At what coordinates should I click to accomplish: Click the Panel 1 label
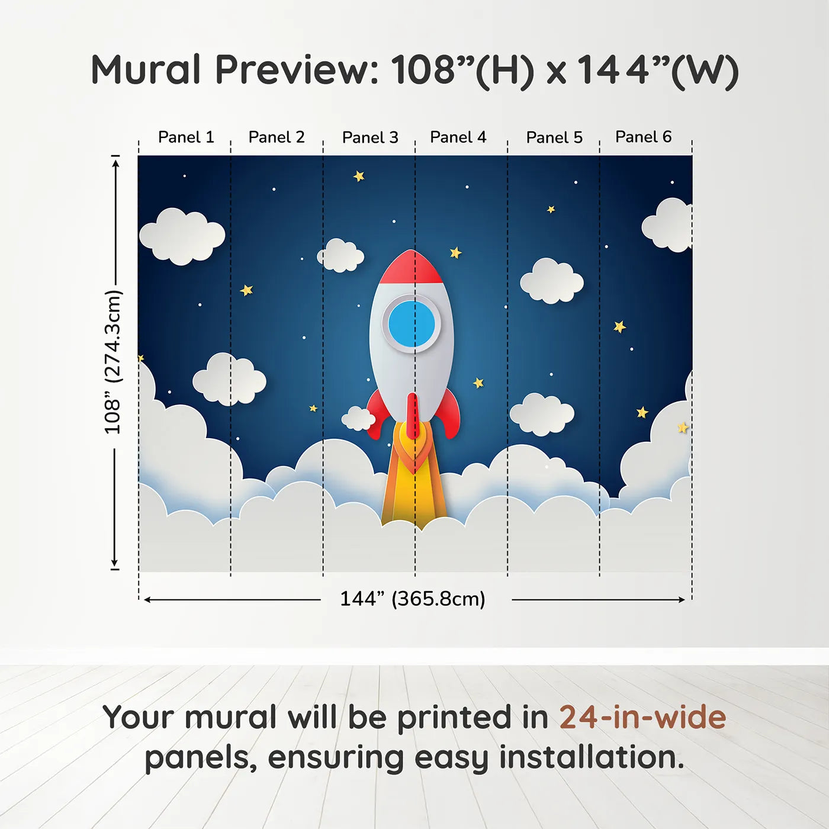tap(185, 137)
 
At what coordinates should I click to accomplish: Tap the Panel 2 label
tap(276, 137)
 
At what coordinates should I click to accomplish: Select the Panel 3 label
tap(370, 138)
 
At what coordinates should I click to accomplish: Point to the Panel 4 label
tap(458, 137)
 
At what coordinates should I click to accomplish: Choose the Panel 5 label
tap(554, 138)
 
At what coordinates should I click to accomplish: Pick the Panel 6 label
tap(643, 137)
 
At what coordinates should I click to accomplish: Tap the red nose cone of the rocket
tap(411, 268)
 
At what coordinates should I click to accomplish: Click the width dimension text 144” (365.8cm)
tap(413, 599)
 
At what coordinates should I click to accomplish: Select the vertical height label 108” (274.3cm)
tap(113, 362)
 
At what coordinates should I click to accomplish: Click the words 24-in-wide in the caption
tap(642, 717)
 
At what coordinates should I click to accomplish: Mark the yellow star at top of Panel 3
tap(359, 176)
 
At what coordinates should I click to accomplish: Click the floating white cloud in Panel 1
tap(182, 236)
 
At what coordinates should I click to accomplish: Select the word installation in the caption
tap(591, 757)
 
